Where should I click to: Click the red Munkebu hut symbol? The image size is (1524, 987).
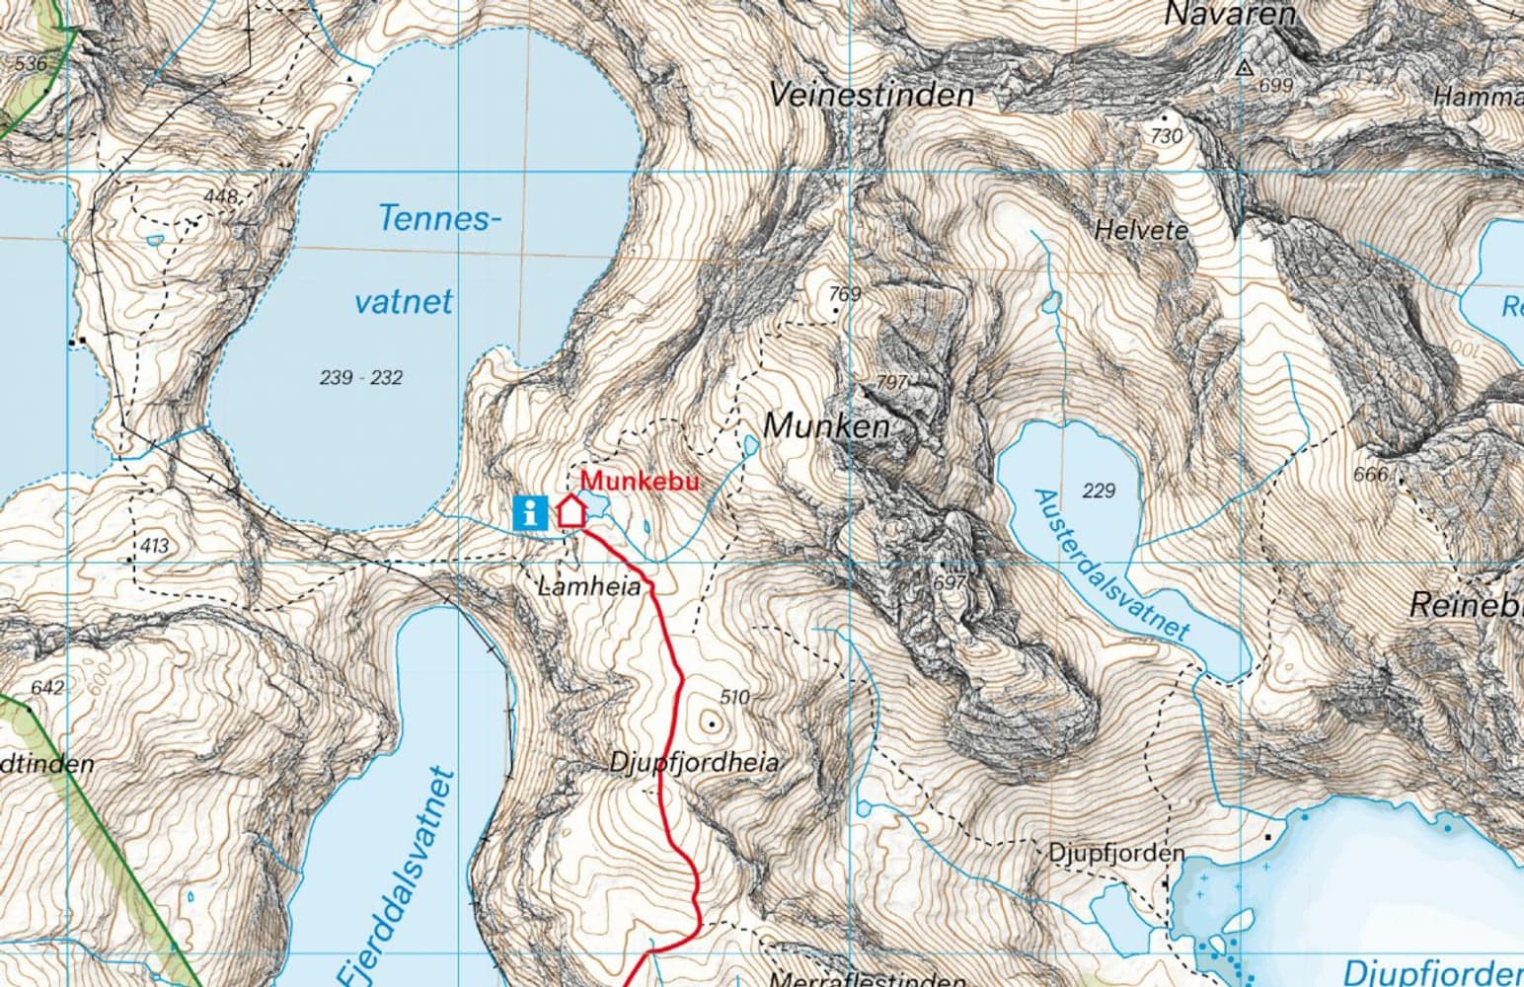click(x=571, y=511)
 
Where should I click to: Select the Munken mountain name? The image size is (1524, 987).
click(x=826, y=426)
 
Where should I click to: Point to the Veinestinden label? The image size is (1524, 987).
click(x=871, y=96)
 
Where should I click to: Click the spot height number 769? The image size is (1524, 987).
click(x=845, y=294)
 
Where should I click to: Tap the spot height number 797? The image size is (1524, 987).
click(x=891, y=382)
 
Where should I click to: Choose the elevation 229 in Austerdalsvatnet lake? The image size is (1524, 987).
click(x=1098, y=491)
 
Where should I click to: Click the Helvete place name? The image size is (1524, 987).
click(x=1141, y=230)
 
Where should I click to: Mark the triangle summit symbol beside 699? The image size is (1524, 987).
click(x=1245, y=68)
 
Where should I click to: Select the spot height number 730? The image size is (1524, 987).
click(x=1167, y=136)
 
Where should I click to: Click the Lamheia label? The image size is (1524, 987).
click(x=588, y=587)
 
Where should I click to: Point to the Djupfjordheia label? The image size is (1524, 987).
click(x=694, y=763)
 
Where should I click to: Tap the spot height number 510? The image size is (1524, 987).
click(x=734, y=697)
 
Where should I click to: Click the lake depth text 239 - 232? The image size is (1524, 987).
click(x=361, y=377)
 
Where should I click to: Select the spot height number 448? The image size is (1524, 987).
click(x=219, y=196)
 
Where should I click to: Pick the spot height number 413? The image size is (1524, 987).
click(x=155, y=545)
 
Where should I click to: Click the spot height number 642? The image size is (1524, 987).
click(x=47, y=688)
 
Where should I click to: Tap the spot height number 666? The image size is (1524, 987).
click(x=1370, y=475)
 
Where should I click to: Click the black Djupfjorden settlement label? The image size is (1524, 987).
click(x=1102, y=852)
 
